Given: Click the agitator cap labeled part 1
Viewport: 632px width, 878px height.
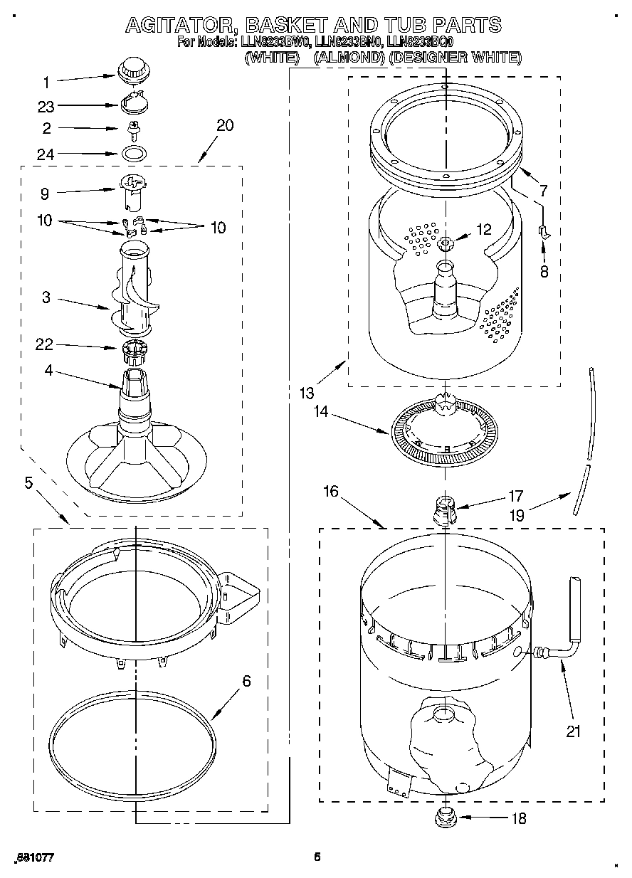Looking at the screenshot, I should point(131,70).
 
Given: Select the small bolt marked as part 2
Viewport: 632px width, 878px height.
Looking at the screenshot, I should point(132,129).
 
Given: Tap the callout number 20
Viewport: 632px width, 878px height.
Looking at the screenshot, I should point(224,125).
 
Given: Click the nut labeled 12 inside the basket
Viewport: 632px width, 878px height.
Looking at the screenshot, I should point(446,244).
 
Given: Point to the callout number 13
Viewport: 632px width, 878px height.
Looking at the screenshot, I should point(306,393).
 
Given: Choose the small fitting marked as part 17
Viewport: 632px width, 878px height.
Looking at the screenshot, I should point(444,509).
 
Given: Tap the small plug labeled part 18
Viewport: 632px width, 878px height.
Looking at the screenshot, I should point(444,815).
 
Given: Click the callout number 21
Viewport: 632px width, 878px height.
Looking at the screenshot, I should point(574,730).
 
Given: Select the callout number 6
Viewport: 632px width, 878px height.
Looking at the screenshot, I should point(246,681).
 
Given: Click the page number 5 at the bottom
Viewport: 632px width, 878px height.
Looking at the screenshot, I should point(318,857).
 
